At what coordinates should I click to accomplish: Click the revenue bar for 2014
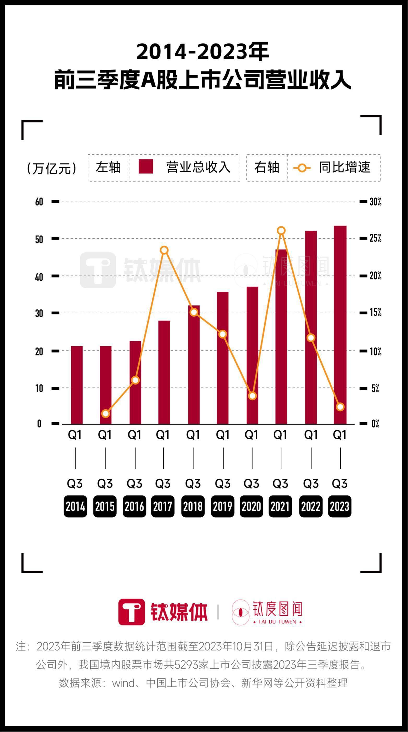pyautogui.click(x=77, y=385)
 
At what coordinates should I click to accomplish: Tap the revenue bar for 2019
pyautogui.click(x=222, y=358)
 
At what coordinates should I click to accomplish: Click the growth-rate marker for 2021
pyautogui.click(x=281, y=230)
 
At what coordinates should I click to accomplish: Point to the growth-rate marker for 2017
pyautogui.click(x=164, y=250)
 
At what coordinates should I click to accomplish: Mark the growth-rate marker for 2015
pyautogui.click(x=106, y=413)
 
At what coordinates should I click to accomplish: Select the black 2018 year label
pyautogui.click(x=193, y=506)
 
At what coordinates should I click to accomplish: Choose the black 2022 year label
pyautogui.click(x=311, y=506)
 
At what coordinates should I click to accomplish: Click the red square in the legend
pyautogui.click(x=146, y=167)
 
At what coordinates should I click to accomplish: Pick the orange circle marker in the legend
pyautogui.click(x=302, y=168)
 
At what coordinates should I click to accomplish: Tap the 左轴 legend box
pyautogui.click(x=108, y=167)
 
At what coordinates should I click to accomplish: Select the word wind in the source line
pyautogui.click(x=123, y=683)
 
